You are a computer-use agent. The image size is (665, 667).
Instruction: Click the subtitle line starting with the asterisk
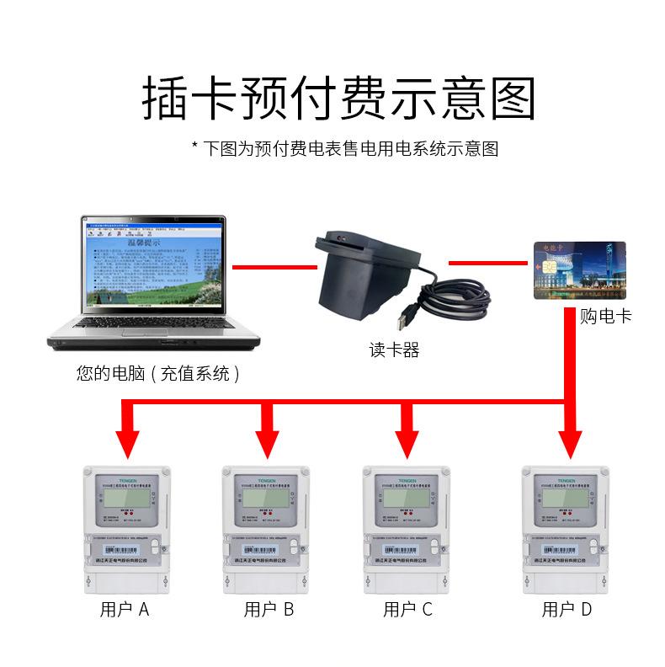345,149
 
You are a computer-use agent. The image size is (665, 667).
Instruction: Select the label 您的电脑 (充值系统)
158,373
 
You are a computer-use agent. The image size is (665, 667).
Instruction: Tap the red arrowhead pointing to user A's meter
127,441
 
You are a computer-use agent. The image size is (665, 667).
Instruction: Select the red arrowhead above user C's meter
408,441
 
